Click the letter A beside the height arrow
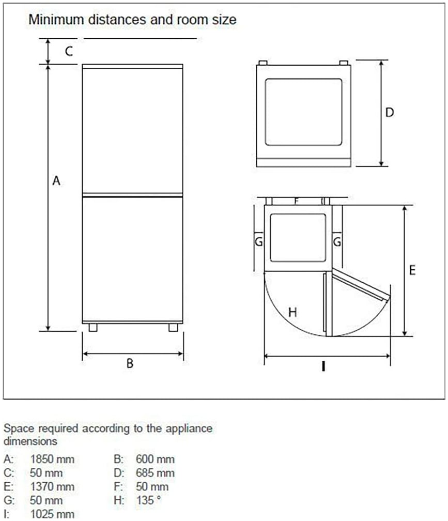[56, 181]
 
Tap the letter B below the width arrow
[130, 363]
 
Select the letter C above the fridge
[69, 52]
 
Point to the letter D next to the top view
[390, 112]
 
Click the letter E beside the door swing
[412, 270]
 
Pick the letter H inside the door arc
[292, 312]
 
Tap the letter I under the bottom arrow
[323, 366]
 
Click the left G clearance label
[259, 241]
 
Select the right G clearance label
[337, 241]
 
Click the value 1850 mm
[52, 459]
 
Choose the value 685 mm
[155, 473]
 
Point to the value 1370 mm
[52, 487]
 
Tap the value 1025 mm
[52, 514]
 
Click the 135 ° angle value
[148, 500]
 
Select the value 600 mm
[155, 459]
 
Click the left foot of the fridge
[93, 328]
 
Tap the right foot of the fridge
[173, 328]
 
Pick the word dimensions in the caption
[30, 441]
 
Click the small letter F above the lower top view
[297, 201]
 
